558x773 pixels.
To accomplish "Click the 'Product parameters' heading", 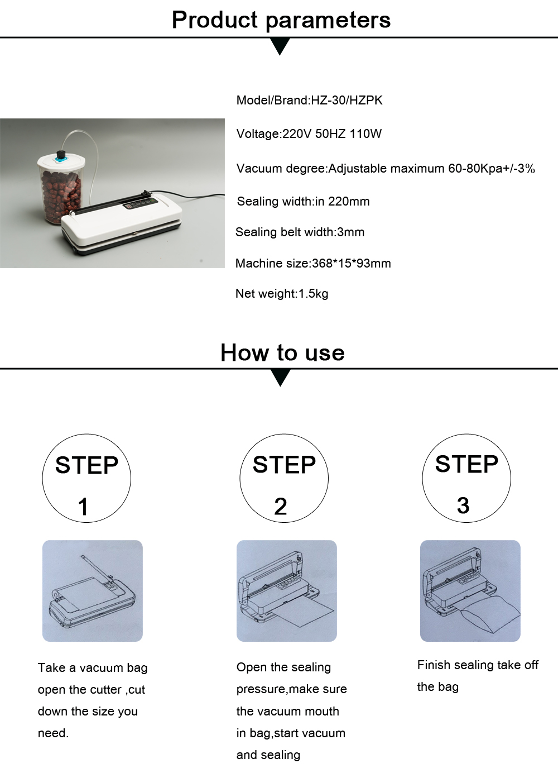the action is [281, 20].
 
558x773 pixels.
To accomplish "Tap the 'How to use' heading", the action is [282, 352].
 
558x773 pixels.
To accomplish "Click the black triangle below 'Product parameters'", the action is [280, 46].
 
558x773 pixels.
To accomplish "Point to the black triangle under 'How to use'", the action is [280, 378].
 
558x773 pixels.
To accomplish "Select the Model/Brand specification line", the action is [309, 101].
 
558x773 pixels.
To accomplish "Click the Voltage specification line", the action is [309, 133].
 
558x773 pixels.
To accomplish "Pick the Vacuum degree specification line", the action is [386, 169].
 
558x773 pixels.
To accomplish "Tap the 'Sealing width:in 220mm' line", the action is [303, 201].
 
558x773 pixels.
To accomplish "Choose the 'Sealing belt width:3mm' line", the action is [300, 232].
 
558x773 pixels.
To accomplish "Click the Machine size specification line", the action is [313, 263].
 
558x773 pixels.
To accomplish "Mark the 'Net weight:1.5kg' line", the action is [282, 294].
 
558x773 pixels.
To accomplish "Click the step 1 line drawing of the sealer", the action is [93, 591].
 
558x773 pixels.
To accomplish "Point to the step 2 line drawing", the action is [287, 591].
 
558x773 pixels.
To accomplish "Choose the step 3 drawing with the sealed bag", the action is [470, 591].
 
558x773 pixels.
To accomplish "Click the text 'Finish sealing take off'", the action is [478, 665].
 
